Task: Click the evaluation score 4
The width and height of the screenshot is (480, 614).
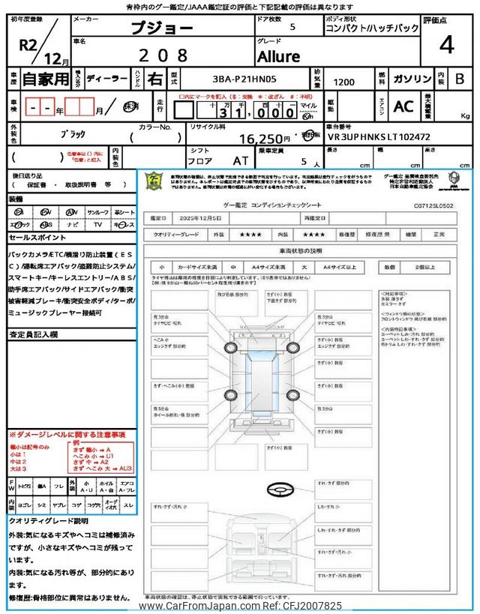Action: point(446,45)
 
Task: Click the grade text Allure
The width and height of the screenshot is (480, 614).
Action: point(278,57)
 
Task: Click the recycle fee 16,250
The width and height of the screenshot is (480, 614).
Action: point(265,139)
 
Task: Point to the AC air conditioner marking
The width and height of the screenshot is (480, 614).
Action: point(403,107)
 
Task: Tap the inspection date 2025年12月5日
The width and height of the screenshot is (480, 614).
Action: point(200,217)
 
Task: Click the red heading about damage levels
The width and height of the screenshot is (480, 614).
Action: point(67,435)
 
